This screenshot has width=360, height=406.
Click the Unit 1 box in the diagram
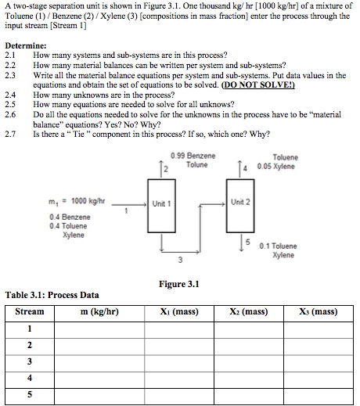pos(161,203)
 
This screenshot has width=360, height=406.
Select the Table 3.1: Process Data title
pos(52,296)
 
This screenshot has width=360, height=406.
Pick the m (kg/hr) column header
pos(99,311)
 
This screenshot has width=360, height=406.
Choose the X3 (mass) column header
pos(318,311)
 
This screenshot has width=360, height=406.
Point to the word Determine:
pos(25,47)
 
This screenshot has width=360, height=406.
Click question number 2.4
pos(10,94)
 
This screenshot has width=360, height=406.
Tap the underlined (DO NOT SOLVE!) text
pos(253,84)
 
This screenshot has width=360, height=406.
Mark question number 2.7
pos(10,133)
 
